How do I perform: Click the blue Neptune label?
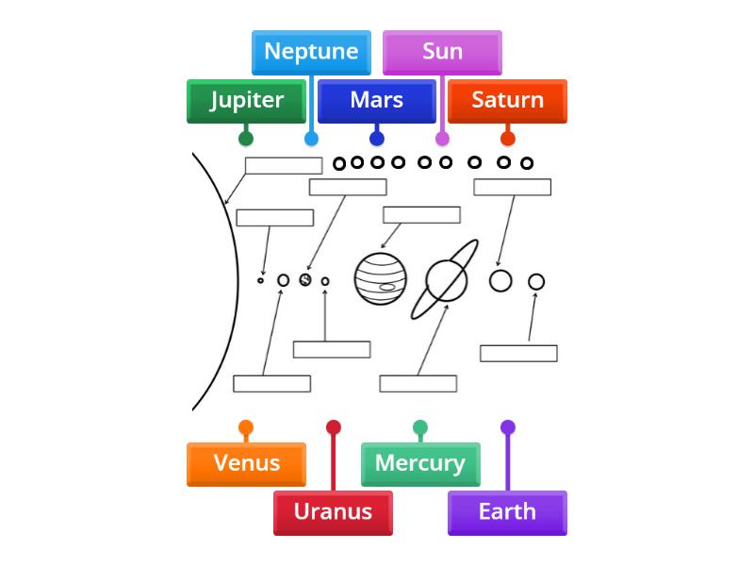pyautogui.click(x=311, y=52)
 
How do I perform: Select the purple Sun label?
pyautogui.click(x=442, y=52)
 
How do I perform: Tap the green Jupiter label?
pyautogui.click(x=246, y=101)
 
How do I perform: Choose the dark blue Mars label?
pyautogui.click(x=376, y=101)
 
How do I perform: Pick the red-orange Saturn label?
pyautogui.click(x=507, y=101)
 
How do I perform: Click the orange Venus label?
pyautogui.click(x=246, y=463)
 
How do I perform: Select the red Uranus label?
pyautogui.click(x=333, y=512)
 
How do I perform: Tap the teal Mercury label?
pyautogui.click(x=420, y=463)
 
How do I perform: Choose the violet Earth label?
pyautogui.click(x=507, y=512)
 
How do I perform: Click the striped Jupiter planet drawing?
pyautogui.click(x=380, y=278)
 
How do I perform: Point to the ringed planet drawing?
pyautogui.click(x=446, y=279)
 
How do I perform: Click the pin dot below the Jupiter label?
pyautogui.click(x=246, y=139)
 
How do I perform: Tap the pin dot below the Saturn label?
pyautogui.click(x=507, y=139)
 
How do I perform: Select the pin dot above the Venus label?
pyautogui.click(x=246, y=427)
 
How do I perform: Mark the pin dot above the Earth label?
pyautogui.click(x=507, y=427)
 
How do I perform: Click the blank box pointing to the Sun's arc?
pyautogui.click(x=283, y=166)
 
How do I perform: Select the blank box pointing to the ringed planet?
pyautogui.click(x=418, y=384)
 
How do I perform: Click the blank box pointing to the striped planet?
pyautogui.click(x=421, y=215)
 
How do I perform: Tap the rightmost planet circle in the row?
pyautogui.click(x=536, y=281)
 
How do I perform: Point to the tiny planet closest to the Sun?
pyautogui.click(x=261, y=280)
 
